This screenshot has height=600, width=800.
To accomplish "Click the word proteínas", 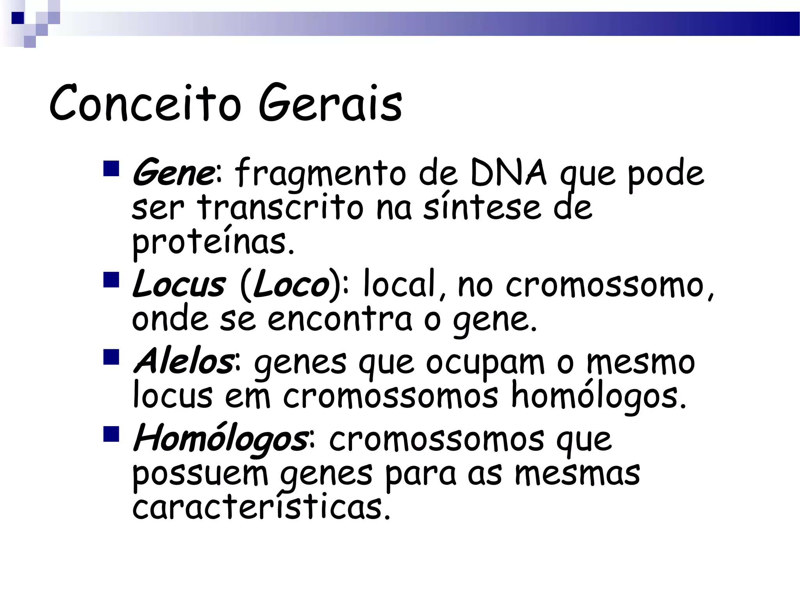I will pos(213,242).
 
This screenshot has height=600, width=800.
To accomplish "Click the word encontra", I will pos(339,318).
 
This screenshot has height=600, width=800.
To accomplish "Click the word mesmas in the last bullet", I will pos(578,473).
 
